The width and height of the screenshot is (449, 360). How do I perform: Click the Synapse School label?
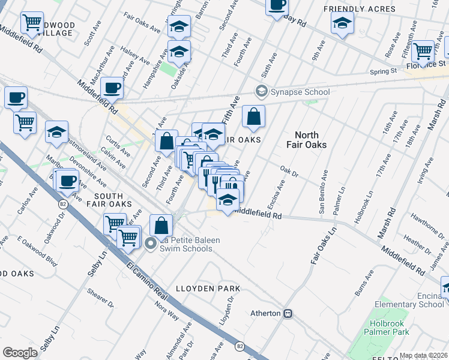[x=300, y=92]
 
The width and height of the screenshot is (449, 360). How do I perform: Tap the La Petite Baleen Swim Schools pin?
[x=151, y=242]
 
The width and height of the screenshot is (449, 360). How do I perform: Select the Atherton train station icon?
[x=288, y=313]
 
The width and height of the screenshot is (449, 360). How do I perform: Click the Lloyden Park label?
[x=208, y=289]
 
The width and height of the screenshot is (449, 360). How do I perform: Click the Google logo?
[x=20, y=353]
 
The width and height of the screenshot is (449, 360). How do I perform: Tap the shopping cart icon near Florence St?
[x=423, y=51]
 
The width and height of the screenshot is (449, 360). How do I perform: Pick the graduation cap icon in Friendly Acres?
[x=342, y=24]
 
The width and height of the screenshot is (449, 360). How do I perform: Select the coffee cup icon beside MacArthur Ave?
[x=112, y=88]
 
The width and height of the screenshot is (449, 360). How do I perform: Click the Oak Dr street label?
[x=289, y=172]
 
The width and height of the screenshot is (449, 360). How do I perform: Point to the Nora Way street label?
[x=166, y=315]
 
